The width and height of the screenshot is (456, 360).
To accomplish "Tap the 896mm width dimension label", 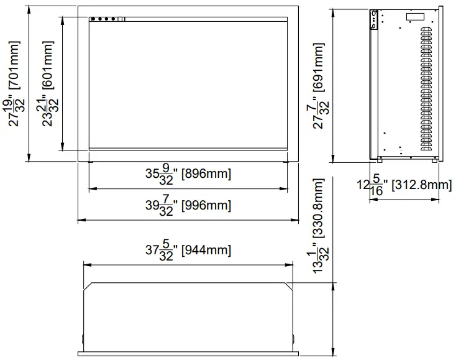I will point(188,174).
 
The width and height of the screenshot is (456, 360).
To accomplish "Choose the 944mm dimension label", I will point(188,251).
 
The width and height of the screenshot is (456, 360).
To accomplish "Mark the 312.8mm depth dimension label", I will point(404,185).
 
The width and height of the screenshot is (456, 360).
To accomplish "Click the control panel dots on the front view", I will point(104,19).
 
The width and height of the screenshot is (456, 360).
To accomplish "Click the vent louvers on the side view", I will point(428,93).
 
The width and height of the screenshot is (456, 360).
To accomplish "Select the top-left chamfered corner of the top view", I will point(89,287).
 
